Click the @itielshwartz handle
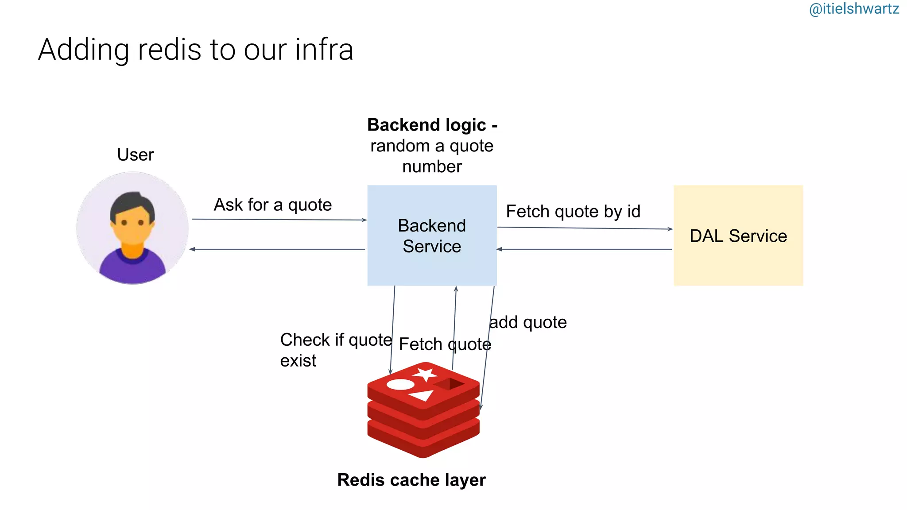tap(853, 9)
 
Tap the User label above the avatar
tap(135, 155)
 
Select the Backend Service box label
tap(432, 236)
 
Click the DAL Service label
tap(738, 236)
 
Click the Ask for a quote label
tap(273, 205)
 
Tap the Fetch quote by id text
tap(573, 211)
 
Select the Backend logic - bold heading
tap(432, 125)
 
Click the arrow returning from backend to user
tap(277, 249)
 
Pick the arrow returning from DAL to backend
tap(585, 249)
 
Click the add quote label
tap(528, 322)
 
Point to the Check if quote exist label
tap(336, 350)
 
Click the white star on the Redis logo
tap(426, 374)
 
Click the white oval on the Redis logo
tap(400, 384)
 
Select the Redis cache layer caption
tap(411, 480)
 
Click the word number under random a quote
tap(432, 166)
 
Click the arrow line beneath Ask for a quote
tap(279, 220)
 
